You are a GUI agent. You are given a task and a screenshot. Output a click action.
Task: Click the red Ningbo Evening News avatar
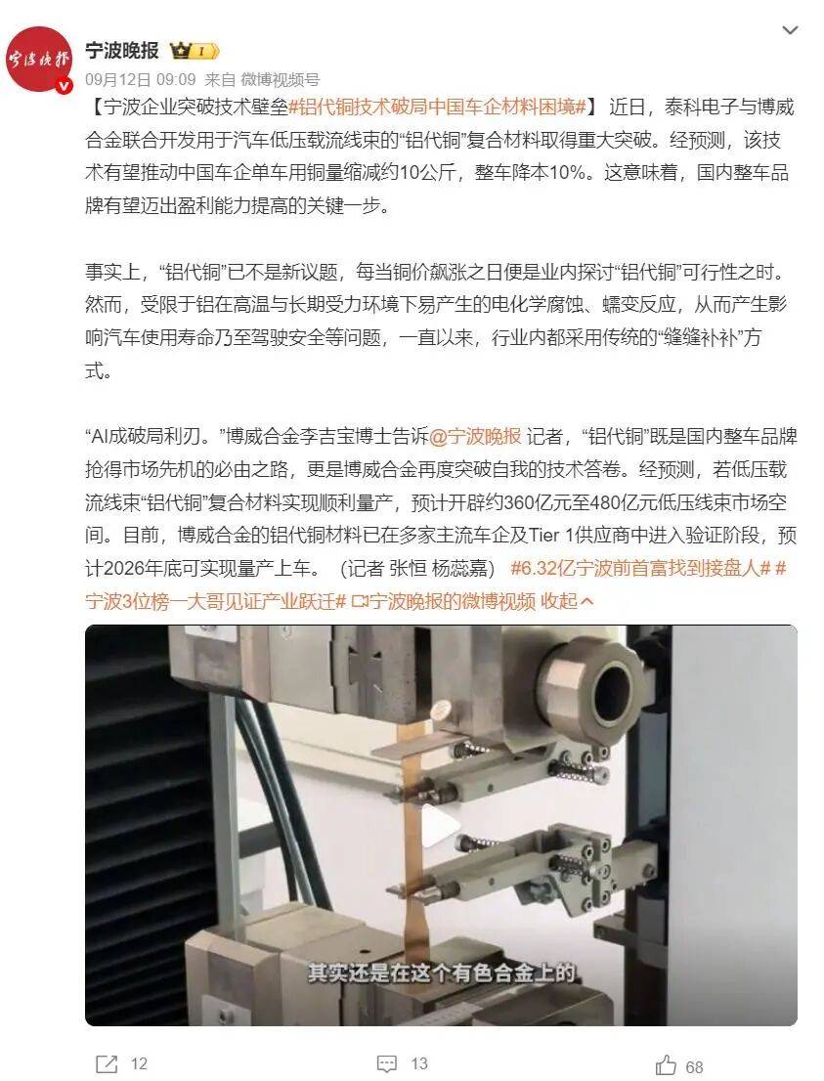click(x=40, y=59)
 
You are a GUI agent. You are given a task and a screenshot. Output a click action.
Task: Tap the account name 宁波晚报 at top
click(x=121, y=50)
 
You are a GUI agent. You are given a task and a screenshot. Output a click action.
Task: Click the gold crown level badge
click(x=194, y=51)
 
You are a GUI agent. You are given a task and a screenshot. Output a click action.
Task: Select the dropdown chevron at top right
click(x=790, y=31)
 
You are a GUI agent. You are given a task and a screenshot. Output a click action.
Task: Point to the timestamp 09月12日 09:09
click(x=141, y=79)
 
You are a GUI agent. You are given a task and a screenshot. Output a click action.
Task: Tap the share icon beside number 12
click(x=106, y=1063)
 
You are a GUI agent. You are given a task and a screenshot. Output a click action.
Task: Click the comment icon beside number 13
click(x=387, y=1063)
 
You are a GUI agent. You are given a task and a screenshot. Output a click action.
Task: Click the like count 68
click(x=693, y=1066)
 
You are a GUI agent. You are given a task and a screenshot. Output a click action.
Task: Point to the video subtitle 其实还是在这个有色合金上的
click(x=442, y=973)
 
